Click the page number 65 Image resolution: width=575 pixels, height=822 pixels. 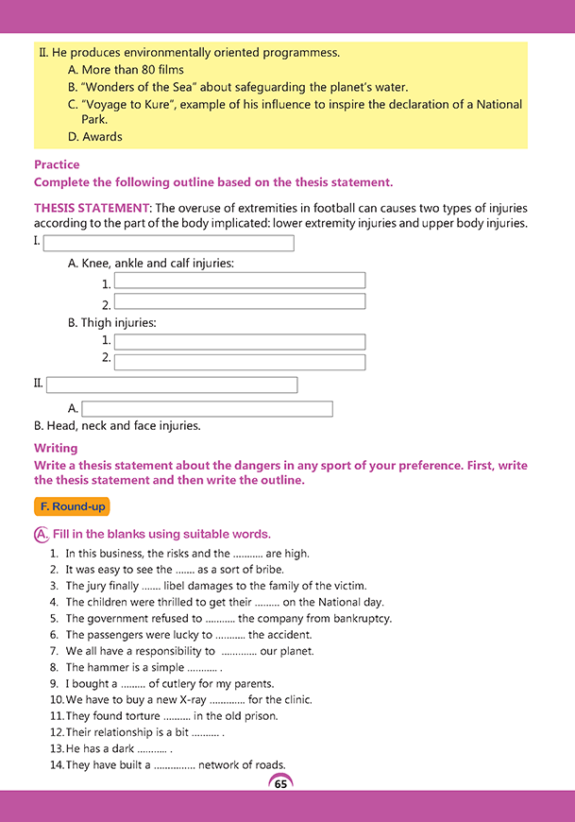pos(280,783)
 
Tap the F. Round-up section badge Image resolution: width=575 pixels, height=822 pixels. pos(72,506)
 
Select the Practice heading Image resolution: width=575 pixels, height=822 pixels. pos(57,164)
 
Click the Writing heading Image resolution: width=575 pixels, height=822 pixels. pos(56,448)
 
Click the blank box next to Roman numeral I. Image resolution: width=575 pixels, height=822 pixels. pos(168,243)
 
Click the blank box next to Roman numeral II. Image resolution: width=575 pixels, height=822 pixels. pos(171,385)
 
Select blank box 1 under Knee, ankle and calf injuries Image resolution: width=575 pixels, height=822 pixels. pos(239,281)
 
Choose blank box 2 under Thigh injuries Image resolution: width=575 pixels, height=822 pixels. pos(239,362)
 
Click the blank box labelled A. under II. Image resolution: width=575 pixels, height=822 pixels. pos(207,409)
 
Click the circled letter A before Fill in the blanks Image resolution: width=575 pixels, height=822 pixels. pos(41,534)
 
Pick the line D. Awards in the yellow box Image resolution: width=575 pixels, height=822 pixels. pos(95,137)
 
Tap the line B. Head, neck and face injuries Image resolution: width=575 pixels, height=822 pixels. pos(117,426)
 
